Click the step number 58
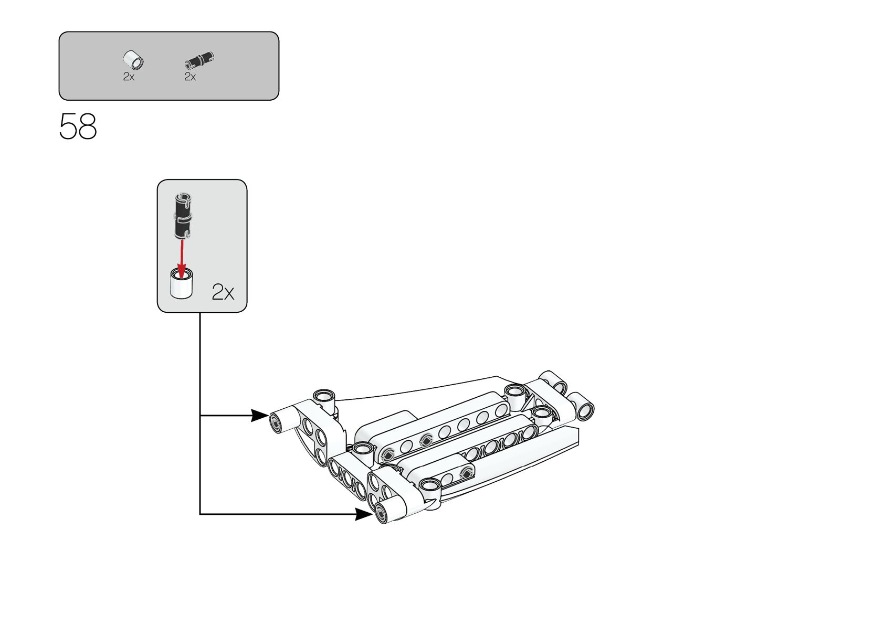point(78,126)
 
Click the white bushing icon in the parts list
point(134,60)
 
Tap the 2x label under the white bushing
point(129,77)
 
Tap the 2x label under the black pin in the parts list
point(190,77)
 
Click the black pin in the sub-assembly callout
point(183,215)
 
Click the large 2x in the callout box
point(223,292)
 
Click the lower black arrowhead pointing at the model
point(364,514)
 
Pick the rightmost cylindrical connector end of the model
point(584,408)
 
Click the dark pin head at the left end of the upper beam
point(388,454)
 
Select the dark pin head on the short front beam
point(465,473)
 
